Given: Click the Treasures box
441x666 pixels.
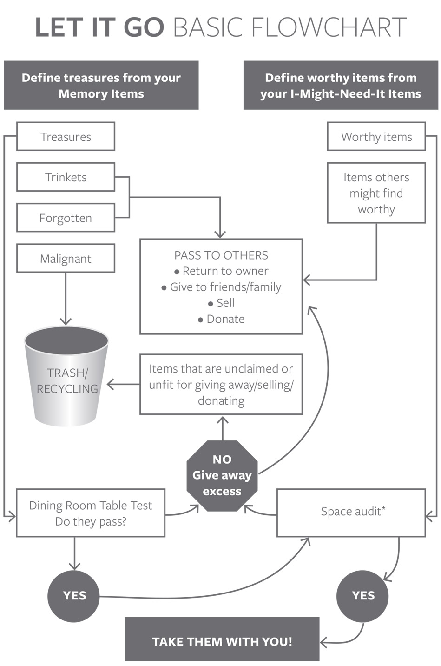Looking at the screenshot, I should pyautogui.click(x=66, y=137).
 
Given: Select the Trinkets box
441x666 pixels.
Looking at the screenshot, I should pyautogui.click(x=66, y=177).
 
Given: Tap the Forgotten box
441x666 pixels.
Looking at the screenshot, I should pyautogui.click(x=66, y=218).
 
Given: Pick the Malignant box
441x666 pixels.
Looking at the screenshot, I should pyautogui.click(x=66, y=259).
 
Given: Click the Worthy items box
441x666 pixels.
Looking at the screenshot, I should pyautogui.click(x=376, y=137).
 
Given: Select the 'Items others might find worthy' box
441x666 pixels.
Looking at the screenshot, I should pyautogui.click(x=376, y=193).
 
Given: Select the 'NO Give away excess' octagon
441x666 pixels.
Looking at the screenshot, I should pyautogui.click(x=222, y=475).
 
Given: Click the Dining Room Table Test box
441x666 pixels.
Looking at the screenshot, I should pyautogui.click(x=91, y=513).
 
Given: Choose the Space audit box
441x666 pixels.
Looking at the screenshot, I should pyautogui.click(x=351, y=513).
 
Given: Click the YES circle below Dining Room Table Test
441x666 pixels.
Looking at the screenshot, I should pyautogui.click(x=74, y=596).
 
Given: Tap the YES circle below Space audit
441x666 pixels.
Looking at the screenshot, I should pyautogui.click(x=363, y=596).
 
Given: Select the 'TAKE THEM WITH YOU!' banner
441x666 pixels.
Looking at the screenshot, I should pyautogui.click(x=222, y=642).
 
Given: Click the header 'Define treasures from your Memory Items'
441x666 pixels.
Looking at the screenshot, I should pyautogui.click(x=101, y=86).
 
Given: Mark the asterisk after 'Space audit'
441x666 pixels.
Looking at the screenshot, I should pyautogui.click(x=384, y=508).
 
